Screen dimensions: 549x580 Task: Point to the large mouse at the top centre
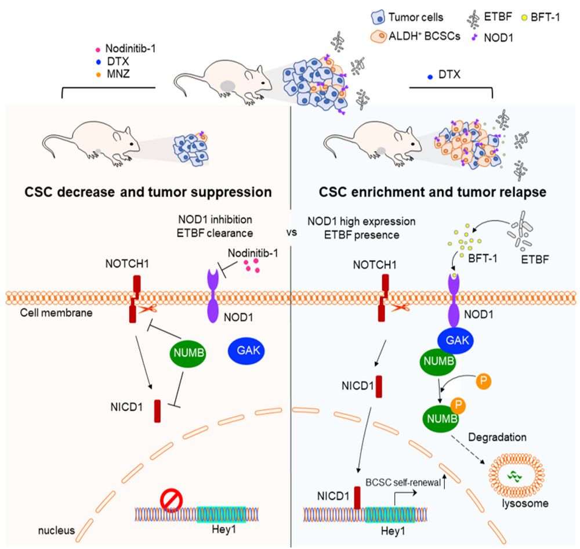(227, 82)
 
